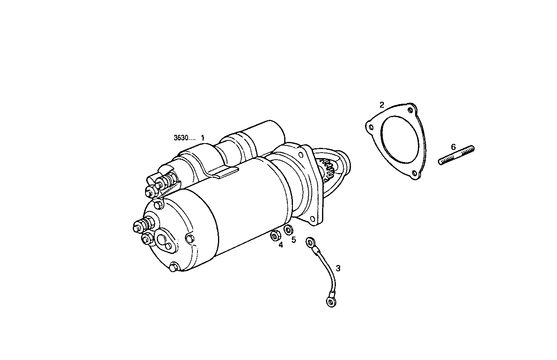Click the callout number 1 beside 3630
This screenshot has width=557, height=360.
[x=203, y=138]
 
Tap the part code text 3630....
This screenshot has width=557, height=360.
[x=184, y=138]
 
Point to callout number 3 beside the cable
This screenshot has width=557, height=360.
[x=338, y=268]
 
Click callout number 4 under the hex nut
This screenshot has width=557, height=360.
[x=281, y=245]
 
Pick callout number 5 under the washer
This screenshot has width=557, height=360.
[x=294, y=239]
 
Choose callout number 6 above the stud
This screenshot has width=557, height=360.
[x=453, y=147]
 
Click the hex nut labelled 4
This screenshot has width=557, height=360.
[x=275, y=236]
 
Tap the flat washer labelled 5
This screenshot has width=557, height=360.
[x=289, y=229]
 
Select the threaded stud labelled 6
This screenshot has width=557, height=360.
[x=456, y=155]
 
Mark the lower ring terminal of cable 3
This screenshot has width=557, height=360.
[x=330, y=302]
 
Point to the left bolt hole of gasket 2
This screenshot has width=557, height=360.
[x=371, y=127]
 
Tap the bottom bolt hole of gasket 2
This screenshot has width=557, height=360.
[x=414, y=173]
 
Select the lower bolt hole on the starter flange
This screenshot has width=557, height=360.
[x=312, y=219]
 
